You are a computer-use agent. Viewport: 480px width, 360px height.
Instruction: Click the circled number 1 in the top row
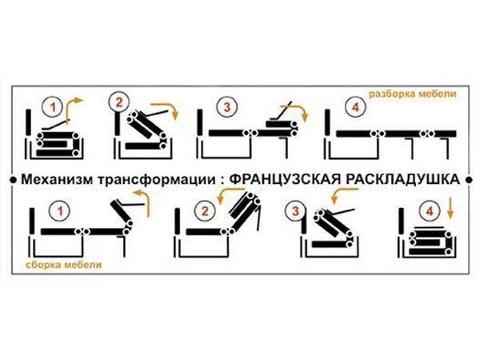53,107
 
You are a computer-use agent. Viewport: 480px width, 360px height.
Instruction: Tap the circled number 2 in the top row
118,102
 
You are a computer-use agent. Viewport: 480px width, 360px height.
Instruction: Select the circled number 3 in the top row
227,107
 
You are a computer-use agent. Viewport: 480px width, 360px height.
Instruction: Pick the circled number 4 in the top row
355,107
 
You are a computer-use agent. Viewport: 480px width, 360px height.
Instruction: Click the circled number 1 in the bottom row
60,211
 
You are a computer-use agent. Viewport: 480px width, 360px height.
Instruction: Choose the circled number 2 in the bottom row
205,211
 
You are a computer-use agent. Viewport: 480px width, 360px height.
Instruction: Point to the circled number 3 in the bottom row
295,211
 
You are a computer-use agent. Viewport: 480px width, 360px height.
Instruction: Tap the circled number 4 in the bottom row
430,211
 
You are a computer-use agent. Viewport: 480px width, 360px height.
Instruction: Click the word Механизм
57,179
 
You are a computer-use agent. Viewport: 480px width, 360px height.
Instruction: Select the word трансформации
157,180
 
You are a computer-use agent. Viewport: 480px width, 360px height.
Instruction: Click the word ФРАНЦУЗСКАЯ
285,180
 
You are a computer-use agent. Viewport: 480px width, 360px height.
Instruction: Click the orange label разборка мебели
412,94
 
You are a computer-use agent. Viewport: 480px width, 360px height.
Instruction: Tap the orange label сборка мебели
64,265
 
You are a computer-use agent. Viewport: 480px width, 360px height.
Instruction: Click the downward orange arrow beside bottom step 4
450,208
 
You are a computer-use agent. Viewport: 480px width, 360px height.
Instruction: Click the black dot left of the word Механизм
13,180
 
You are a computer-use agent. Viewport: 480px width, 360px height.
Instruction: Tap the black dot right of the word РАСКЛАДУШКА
469,180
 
